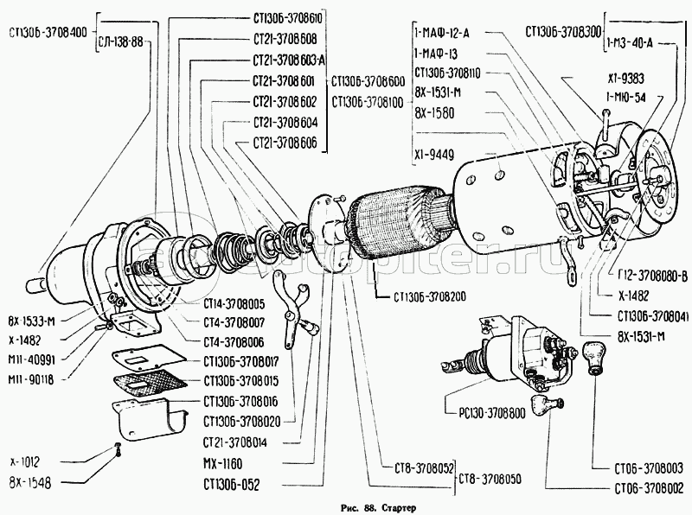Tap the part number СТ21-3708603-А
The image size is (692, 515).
coord(289,61)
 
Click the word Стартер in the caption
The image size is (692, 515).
coord(396,506)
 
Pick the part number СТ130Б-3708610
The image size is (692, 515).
coord(290,17)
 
